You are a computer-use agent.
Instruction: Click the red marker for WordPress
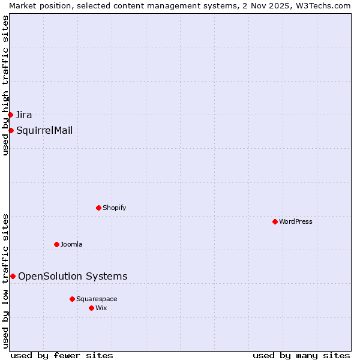[275, 221]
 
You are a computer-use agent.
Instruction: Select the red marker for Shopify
[98, 208]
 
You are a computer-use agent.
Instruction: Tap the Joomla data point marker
[56, 244]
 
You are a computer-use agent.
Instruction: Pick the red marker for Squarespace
[72, 299]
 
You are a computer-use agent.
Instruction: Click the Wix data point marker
[91, 308]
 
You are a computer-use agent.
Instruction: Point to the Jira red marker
[10, 115]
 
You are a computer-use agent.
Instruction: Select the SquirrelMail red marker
[11, 130]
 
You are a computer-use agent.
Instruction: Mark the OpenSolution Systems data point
[13, 276]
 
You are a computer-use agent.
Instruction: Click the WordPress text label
[295, 221]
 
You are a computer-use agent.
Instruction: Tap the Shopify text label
[114, 208]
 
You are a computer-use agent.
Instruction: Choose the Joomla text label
[71, 244]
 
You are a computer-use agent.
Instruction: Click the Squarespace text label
[97, 299]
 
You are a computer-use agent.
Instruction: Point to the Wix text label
[101, 308]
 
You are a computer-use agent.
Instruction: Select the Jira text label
[24, 115]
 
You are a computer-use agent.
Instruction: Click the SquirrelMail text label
[44, 130]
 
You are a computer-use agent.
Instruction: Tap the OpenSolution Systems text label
[73, 276]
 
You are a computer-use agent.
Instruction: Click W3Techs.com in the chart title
[321, 5]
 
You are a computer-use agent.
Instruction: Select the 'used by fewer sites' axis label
[62, 355]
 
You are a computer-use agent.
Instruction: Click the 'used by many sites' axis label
[301, 355]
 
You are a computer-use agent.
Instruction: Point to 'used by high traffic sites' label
[5, 85]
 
